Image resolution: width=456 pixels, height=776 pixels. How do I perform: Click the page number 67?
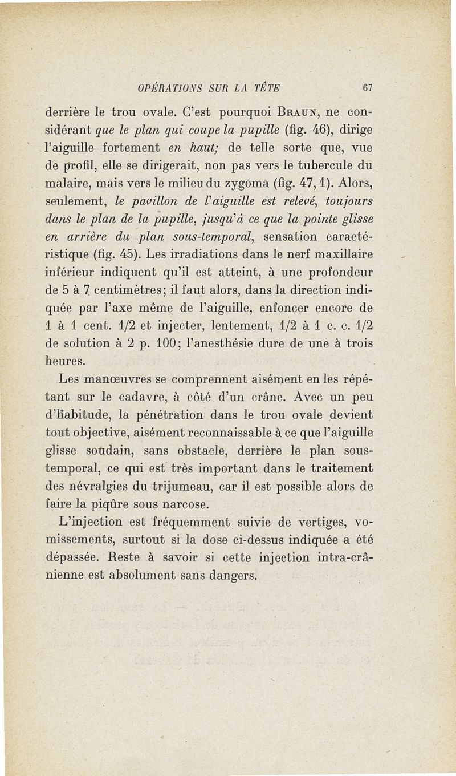(x=367, y=88)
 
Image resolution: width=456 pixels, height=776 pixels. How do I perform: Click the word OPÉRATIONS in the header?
(x=164, y=88)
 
